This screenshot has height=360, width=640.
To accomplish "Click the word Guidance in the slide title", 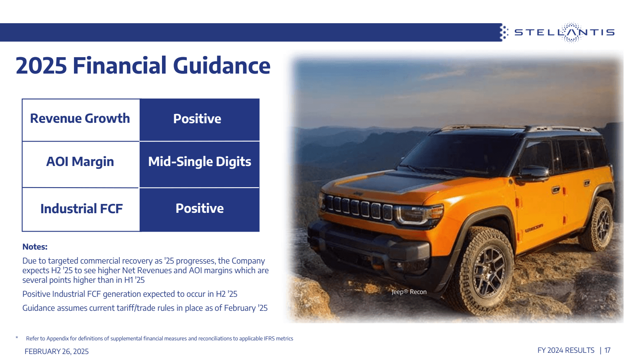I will tap(222, 66).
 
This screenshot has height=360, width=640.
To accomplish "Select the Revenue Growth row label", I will tap(80, 118).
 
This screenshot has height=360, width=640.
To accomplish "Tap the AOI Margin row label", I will tap(80, 162).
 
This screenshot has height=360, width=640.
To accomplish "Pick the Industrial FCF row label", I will tap(81, 208).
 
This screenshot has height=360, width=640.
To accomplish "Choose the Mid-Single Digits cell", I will tap(200, 162).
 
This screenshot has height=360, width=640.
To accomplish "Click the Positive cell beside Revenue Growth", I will tap(197, 119).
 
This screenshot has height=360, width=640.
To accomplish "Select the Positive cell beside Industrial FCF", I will tap(200, 208).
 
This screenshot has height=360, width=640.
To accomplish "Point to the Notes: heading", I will tap(35, 247).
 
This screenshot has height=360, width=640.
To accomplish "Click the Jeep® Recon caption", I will tap(409, 292).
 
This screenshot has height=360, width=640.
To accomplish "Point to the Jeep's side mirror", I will tap(534, 173).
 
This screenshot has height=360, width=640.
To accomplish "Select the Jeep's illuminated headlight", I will tap(418, 214).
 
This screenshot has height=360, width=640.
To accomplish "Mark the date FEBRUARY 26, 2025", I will tap(57, 352).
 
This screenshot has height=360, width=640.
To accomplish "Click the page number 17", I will tap(607, 350).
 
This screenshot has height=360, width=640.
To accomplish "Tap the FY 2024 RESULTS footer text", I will tap(566, 350).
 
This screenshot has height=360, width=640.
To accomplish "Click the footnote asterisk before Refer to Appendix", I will tap(17, 338).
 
